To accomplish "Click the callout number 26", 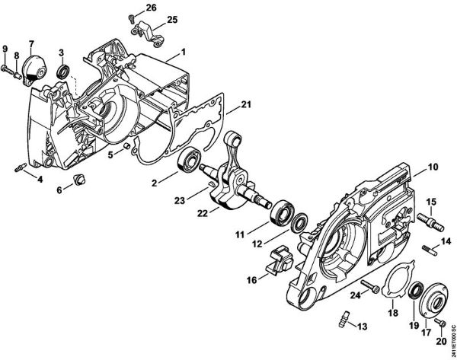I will coord(150,7).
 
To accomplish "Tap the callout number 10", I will coord(432,166).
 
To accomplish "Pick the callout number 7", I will coord(32,43).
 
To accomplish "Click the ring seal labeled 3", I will coord(66,73).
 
